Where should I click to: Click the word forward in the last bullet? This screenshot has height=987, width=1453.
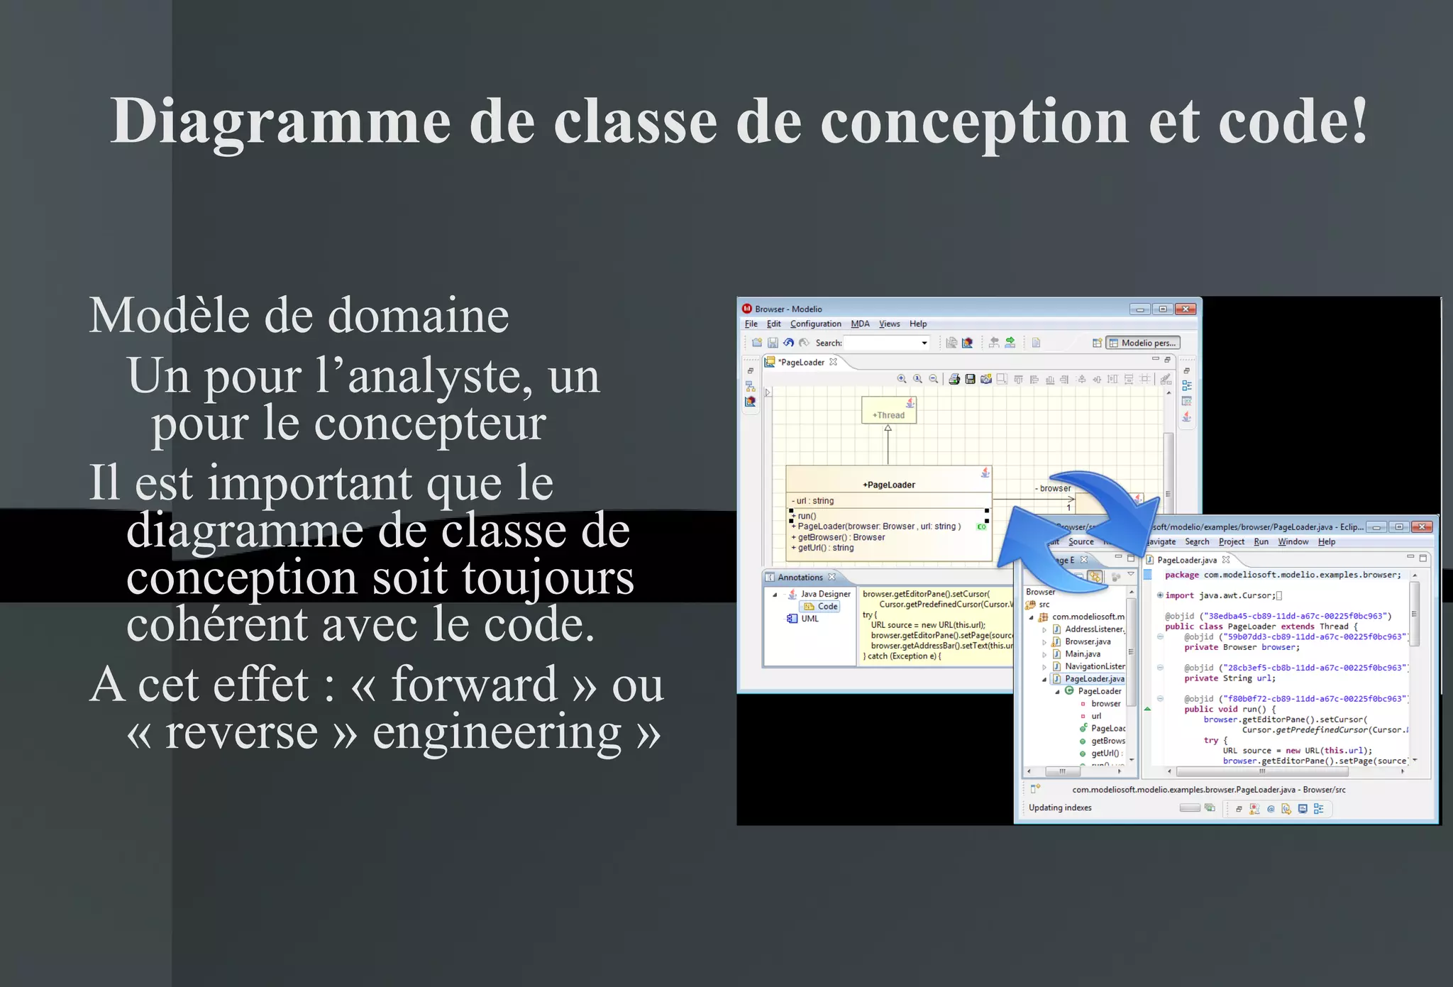point(474,685)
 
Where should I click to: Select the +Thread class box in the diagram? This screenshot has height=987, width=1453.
point(888,410)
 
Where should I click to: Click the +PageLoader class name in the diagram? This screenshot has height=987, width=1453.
point(888,485)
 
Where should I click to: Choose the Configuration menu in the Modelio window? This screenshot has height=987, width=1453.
point(815,324)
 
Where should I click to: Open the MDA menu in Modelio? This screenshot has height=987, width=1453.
point(860,324)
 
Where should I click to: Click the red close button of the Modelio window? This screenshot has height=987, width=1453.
point(1185,309)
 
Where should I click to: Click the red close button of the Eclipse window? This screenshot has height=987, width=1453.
point(1421,527)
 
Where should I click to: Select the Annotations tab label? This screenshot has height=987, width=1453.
point(800,578)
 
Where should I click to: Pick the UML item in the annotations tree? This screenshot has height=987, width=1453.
point(810,619)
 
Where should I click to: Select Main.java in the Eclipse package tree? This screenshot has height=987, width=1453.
point(1083,654)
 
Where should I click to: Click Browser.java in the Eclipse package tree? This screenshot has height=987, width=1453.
point(1088,641)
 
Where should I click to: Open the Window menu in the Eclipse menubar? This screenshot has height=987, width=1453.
point(1293,542)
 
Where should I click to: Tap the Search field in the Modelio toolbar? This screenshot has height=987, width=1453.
point(886,343)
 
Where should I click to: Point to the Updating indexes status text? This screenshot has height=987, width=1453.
point(1060,808)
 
